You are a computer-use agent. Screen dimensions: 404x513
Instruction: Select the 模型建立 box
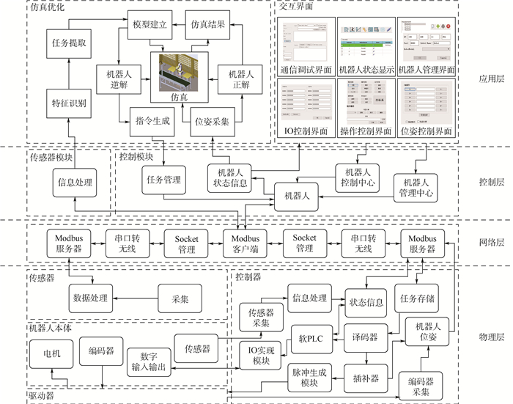click(x=150, y=24)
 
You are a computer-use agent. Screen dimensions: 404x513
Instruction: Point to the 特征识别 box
click(x=68, y=103)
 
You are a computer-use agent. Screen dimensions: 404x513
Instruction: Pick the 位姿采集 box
click(x=210, y=121)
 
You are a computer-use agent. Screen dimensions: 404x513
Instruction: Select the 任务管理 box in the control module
click(x=163, y=178)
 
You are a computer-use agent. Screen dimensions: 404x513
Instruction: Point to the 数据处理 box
click(x=90, y=298)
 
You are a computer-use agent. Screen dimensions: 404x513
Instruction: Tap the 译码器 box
click(x=365, y=337)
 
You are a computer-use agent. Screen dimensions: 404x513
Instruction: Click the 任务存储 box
click(x=418, y=298)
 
